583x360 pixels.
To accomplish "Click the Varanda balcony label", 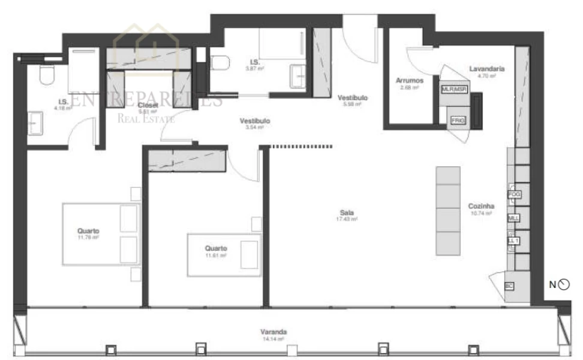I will click(273, 332).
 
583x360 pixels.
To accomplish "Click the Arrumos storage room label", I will click(410, 80).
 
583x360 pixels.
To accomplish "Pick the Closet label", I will click(147, 104).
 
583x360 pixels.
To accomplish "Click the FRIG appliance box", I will click(458, 121).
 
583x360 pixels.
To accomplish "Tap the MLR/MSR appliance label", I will click(453, 89).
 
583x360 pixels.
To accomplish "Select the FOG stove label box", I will click(513, 194).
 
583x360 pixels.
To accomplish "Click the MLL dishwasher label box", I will click(513, 218).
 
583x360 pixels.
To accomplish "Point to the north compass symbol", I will click(563, 284).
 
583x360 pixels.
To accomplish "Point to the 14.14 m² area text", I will click(273, 339).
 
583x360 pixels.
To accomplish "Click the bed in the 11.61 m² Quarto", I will click(224, 254).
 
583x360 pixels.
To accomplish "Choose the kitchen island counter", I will click(447, 211).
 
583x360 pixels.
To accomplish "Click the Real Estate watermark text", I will click(146, 118).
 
